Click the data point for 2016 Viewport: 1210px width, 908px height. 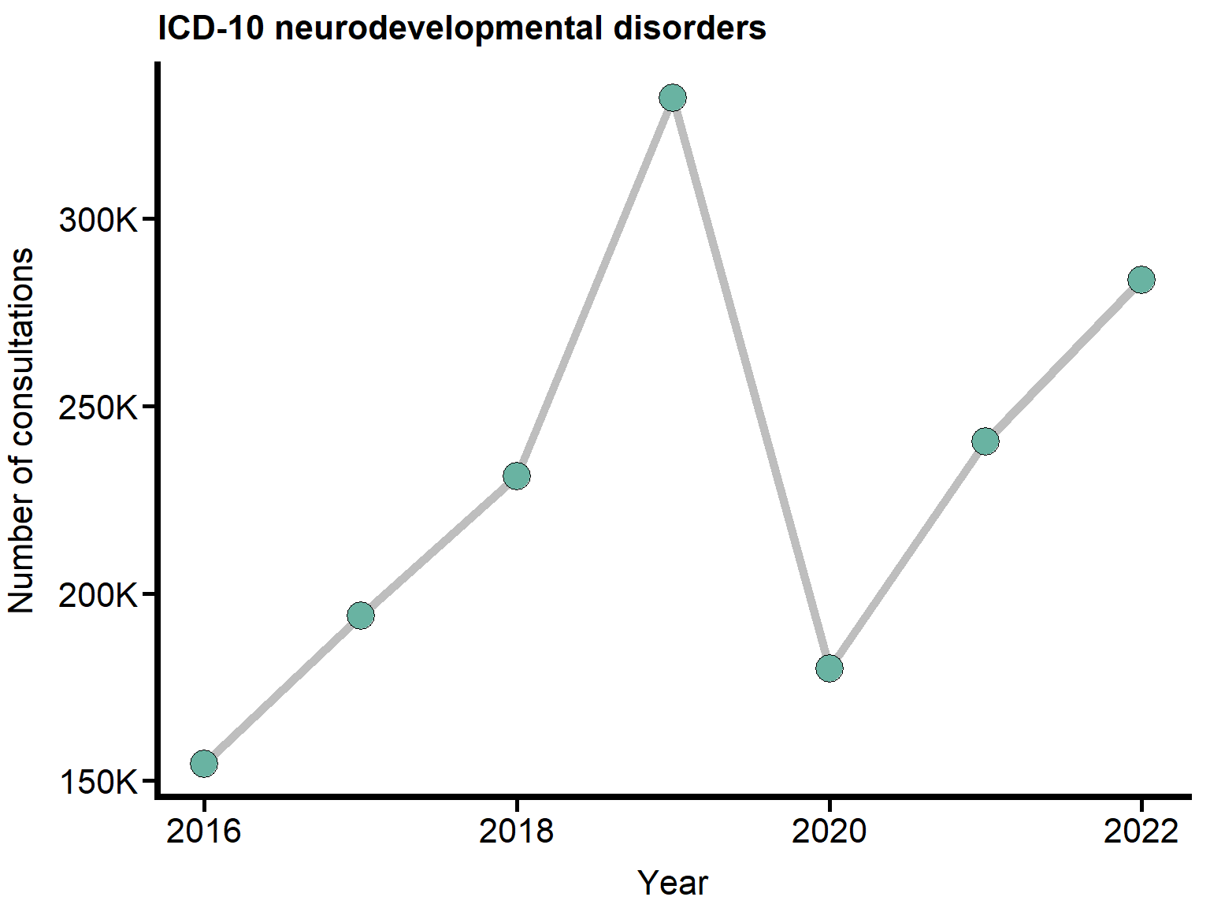[x=204, y=763]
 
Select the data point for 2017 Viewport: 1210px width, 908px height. [x=360, y=615]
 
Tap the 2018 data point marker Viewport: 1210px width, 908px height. [x=516, y=476]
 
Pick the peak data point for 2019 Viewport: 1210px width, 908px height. [x=672, y=98]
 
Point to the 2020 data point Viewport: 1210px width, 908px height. [x=829, y=668]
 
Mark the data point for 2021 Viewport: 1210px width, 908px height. [x=985, y=441]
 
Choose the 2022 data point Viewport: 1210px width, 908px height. [x=1141, y=279]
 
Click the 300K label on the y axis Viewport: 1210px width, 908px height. [x=98, y=220]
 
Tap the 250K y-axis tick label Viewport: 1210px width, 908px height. [x=98, y=407]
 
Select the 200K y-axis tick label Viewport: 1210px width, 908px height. [x=98, y=595]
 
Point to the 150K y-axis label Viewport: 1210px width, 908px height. [x=98, y=783]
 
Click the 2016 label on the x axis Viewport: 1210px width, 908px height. [x=204, y=831]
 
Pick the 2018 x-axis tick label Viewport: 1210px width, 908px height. [x=516, y=831]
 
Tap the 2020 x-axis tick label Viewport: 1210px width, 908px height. [x=829, y=831]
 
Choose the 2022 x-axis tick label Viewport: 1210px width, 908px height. [x=1141, y=831]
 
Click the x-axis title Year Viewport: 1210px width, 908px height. [x=673, y=883]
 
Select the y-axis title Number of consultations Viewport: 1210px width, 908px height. [x=22, y=430]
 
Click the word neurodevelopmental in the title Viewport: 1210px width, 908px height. [x=440, y=29]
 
